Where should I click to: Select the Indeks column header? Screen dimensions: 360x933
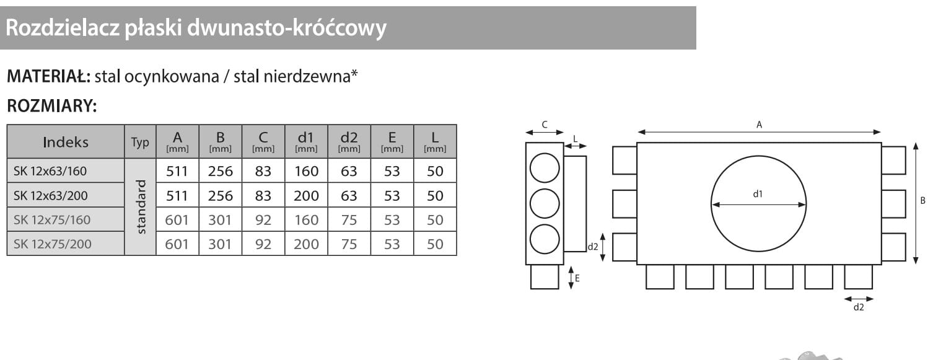[x=66, y=142]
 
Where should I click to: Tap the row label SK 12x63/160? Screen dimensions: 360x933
[x=51, y=171]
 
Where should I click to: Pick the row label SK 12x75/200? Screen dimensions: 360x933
[x=52, y=244]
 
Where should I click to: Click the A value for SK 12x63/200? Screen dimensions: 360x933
[x=177, y=196]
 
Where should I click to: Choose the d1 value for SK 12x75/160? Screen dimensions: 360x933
[x=306, y=220]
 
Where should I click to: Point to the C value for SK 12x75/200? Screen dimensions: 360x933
[x=263, y=244]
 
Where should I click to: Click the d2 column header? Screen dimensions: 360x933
[x=349, y=138]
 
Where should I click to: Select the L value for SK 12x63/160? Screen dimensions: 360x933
[x=435, y=171]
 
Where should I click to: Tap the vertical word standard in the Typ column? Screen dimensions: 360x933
[x=141, y=208]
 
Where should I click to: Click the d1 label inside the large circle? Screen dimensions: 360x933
[x=758, y=194]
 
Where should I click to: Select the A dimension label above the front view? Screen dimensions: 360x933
[x=759, y=125]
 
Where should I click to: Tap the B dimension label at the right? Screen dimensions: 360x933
[x=922, y=201]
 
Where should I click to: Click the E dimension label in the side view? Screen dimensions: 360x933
[x=577, y=279]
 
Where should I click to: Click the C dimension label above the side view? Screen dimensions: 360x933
[x=545, y=125]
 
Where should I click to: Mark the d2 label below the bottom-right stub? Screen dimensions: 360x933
[x=858, y=307]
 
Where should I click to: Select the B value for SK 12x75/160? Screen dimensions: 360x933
[x=221, y=220]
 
